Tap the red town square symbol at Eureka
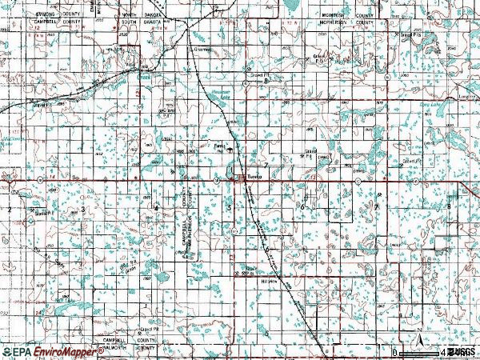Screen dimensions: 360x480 239,178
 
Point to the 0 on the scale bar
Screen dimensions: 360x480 394,351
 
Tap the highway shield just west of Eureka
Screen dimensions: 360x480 218,181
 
